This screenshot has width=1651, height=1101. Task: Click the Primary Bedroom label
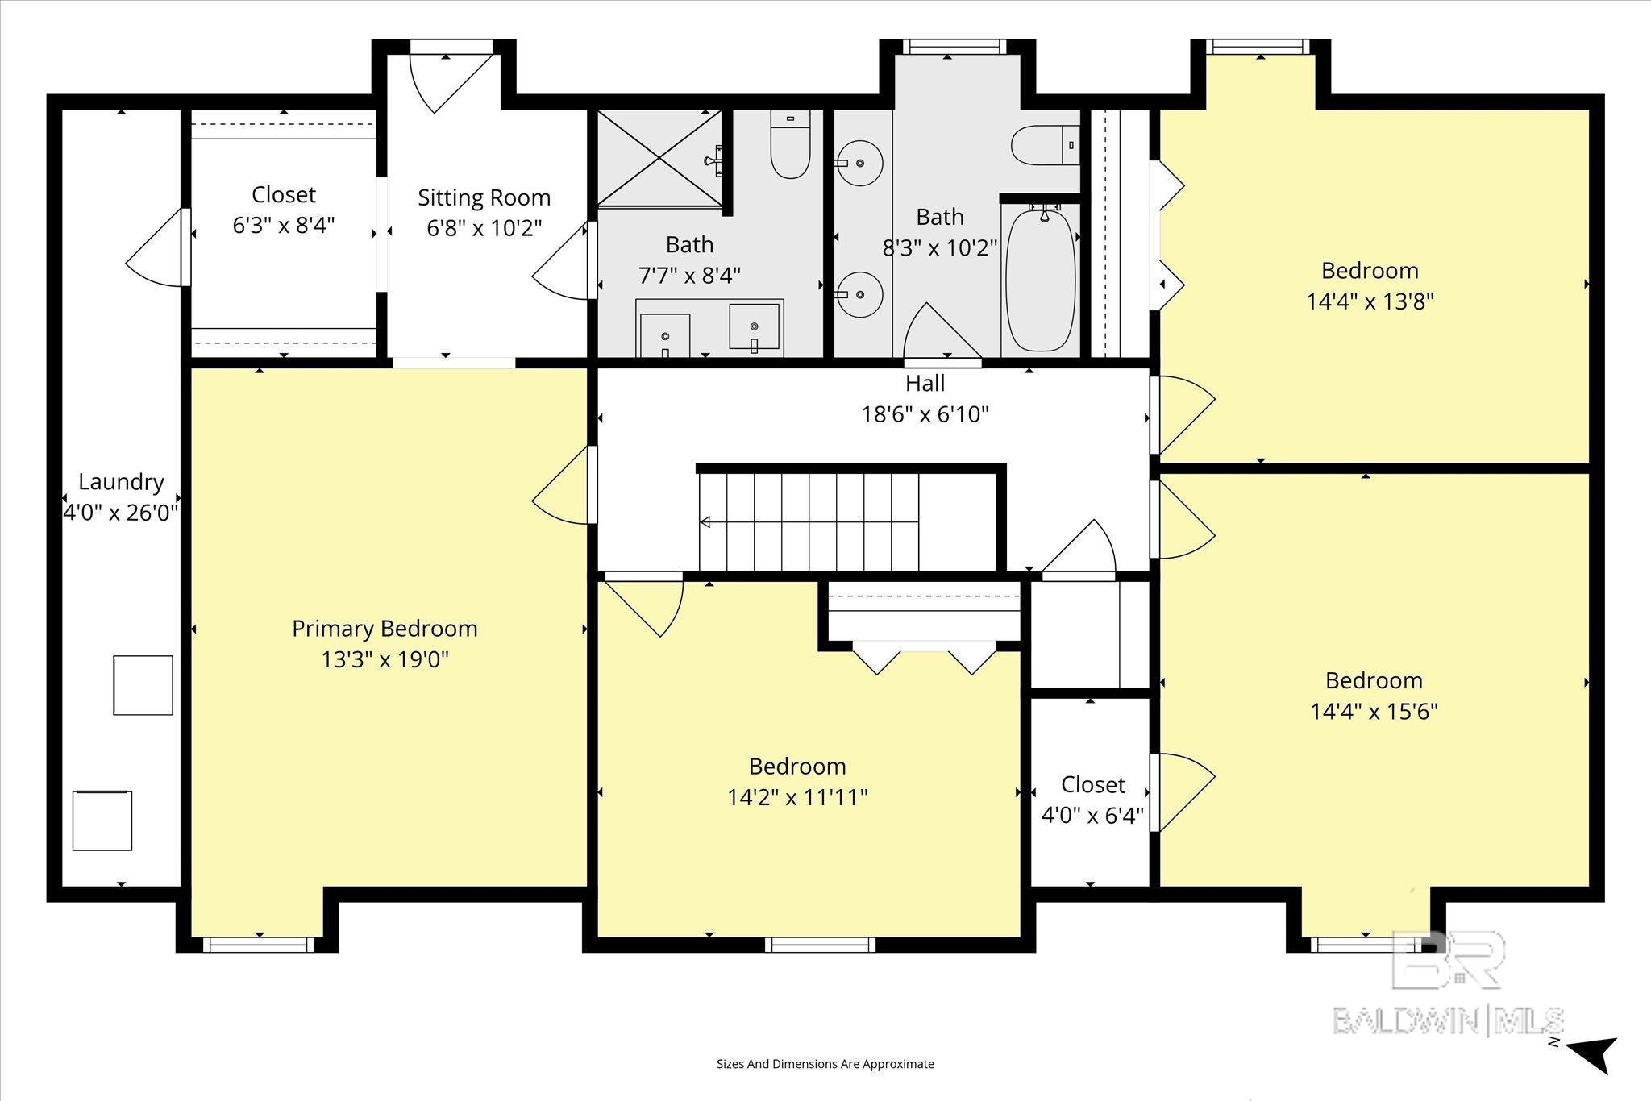click(385, 629)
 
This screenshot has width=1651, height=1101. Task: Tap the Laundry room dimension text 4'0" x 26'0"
click(121, 513)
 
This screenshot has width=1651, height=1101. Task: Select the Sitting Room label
click(484, 197)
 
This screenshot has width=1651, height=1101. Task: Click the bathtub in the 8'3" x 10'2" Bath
click(1041, 279)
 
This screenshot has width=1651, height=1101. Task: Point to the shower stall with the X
click(659, 158)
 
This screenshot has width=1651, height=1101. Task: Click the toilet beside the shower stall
click(790, 144)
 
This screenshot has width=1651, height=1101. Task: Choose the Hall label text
click(925, 383)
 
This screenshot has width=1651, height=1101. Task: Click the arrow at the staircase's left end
click(705, 521)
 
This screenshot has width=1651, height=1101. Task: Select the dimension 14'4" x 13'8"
click(1370, 301)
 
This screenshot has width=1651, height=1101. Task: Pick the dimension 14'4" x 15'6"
click(1374, 711)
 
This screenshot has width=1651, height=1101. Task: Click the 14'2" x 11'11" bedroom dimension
click(797, 797)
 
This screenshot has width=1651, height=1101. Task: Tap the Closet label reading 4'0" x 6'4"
click(1092, 784)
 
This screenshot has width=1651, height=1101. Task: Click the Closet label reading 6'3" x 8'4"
click(284, 194)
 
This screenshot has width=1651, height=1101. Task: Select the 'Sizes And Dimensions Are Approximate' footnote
click(825, 1064)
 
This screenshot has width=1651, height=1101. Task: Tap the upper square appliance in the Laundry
click(143, 685)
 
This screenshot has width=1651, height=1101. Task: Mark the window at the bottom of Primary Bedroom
click(258, 944)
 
